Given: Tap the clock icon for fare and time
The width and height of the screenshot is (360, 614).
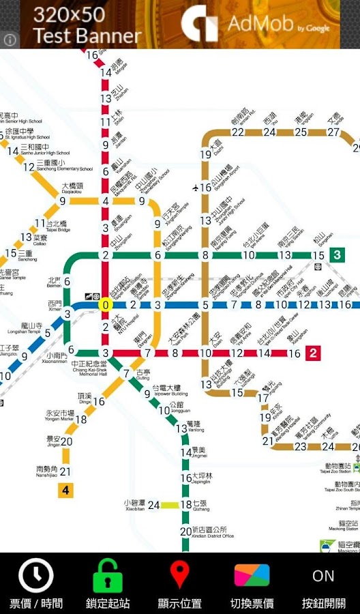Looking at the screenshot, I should pos(35,576).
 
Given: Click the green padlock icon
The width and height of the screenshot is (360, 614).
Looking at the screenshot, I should pos(108,576).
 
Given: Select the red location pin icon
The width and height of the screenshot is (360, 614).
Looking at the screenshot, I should pos(179,574).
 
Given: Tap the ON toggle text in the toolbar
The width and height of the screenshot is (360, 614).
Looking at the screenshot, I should pos(324,576).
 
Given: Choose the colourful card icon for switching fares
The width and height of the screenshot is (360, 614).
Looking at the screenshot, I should pos(252,576).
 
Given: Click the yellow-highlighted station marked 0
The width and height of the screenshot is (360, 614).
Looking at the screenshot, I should pos(105,305).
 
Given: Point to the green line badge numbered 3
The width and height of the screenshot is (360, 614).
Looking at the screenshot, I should pos(337,255).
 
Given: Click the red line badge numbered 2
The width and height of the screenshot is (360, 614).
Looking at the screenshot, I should pos(313,353).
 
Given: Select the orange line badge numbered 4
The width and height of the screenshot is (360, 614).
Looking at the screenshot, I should pos(65,490).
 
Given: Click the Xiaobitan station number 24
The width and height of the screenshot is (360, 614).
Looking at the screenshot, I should pos(154,505).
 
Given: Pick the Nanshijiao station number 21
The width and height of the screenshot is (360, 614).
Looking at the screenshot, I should pos(65,471).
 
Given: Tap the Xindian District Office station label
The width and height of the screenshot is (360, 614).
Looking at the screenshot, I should pos(213,532).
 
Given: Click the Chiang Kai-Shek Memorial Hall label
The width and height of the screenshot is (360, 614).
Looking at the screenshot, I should pos(89,368).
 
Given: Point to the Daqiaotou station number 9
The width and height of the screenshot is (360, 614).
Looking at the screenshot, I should pos(63,201).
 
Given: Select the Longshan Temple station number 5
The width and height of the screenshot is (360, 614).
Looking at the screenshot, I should pos(48,334).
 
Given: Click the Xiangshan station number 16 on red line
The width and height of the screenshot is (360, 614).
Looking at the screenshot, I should pos(295,353).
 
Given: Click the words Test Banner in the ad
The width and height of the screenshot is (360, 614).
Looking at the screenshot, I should pos(87,36).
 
